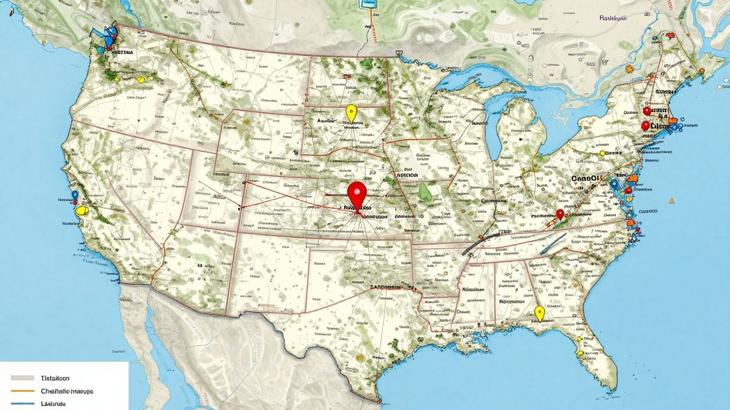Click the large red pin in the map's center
point(356,193)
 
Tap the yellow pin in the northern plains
point(351,113)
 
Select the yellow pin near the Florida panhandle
point(539,312)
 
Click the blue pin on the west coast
point(75,196)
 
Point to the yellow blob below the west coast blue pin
point(81,211)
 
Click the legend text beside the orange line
point(67,391)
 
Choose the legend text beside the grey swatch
point(55,377)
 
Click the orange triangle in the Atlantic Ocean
point(671,201)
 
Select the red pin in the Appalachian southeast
point(560,214)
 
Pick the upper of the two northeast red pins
point(647,111)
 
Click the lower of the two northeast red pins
point(645,125)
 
